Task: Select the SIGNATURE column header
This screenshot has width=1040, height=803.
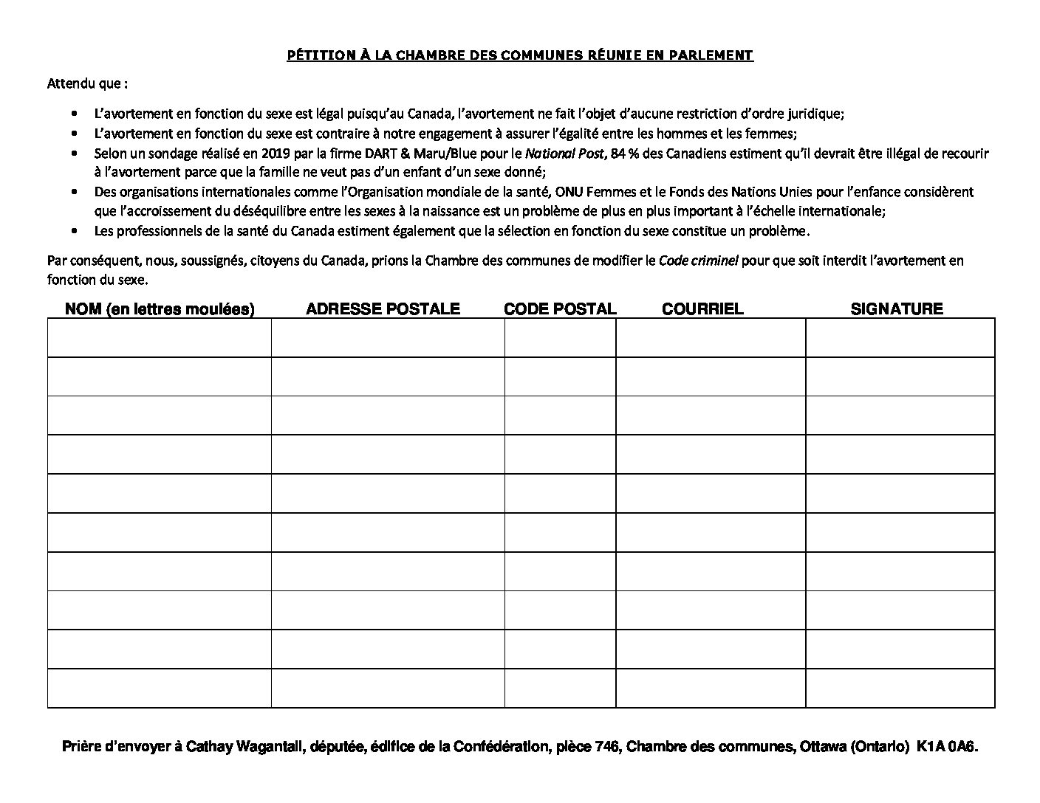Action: (897, 309)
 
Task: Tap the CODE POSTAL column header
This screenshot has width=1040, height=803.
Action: (560, 309)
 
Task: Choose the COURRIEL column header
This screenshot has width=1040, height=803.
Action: (702, 309)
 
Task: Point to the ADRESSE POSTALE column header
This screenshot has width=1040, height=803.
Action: (383, 309)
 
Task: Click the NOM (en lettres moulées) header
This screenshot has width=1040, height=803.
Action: (160, 309)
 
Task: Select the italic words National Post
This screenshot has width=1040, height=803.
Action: (564, 154)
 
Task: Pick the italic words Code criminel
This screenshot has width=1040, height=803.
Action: (698, 261)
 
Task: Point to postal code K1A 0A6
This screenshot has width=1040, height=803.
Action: (947, 747)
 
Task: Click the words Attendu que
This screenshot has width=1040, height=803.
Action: (86, 83)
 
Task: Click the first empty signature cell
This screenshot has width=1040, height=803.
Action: (900, 338)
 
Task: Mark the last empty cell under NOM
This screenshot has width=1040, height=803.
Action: (160, 688)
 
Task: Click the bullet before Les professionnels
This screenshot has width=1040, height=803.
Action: (74, 231)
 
